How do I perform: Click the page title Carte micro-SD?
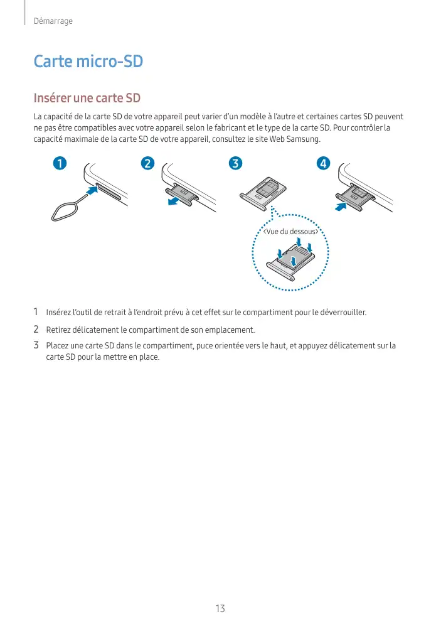[88, 62]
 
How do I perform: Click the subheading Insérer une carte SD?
[87, 99]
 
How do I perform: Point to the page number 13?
[220, 608]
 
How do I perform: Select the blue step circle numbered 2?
[147, 164]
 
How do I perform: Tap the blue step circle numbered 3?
[235, 164]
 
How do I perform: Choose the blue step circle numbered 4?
[322, 164]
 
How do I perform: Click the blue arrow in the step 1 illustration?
[92, 190]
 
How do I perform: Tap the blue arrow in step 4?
[341, 205]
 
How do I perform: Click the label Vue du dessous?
[290, 232]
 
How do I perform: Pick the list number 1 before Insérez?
[36, 312]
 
